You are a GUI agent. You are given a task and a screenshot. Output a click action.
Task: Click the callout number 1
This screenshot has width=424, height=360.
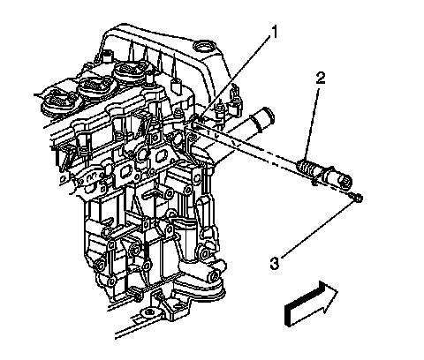click(x=274, y=33)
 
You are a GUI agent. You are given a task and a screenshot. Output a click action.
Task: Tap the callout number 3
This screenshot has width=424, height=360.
click(x=274, y=263)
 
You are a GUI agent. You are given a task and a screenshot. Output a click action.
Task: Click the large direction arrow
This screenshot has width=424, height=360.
click(x=311, y=304)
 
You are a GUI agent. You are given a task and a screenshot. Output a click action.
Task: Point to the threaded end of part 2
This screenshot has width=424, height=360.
click(x=307, y=169)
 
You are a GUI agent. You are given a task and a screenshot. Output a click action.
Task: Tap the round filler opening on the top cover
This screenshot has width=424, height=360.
click(x=203, y=47)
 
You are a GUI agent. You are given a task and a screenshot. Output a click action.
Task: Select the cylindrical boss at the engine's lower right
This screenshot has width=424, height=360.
click(x=213, y=274)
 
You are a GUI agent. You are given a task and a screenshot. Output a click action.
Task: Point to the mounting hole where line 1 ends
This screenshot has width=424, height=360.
click(x=197, y=121)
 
